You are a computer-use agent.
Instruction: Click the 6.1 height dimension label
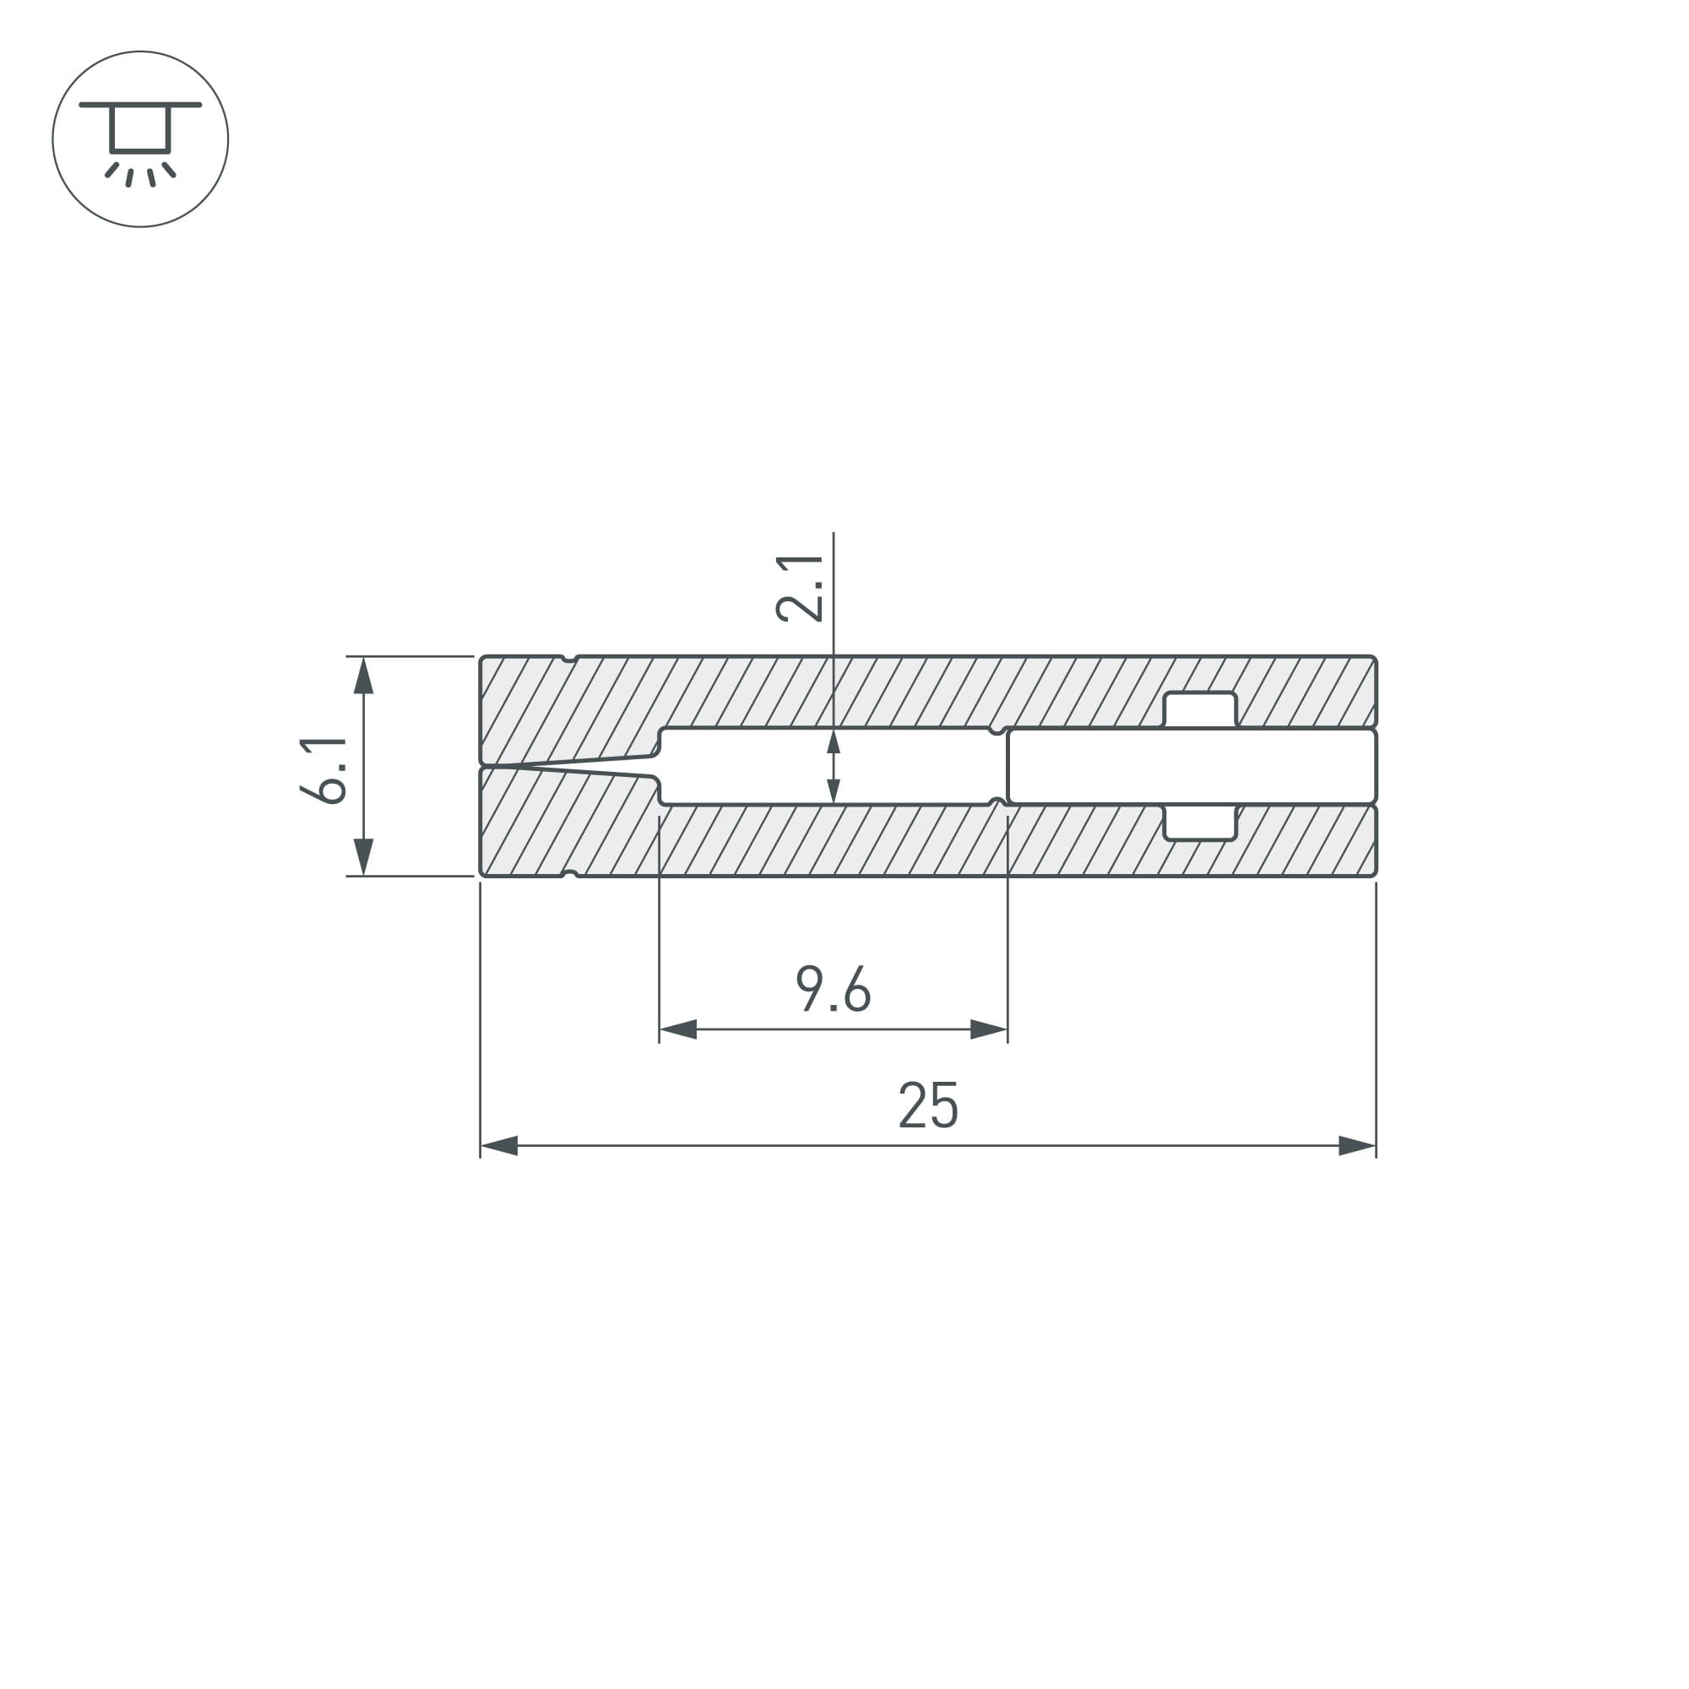point(323,770)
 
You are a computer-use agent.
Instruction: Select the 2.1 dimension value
point(800,589)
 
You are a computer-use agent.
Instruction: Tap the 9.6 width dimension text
point(834,989)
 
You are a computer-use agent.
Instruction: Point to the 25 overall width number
point(928,1105)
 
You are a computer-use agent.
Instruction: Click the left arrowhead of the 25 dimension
point(499,1145)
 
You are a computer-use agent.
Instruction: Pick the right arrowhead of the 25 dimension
point(1358,1145)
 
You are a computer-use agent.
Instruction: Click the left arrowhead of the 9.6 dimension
point(678,1029)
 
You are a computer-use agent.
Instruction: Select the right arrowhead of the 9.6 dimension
point(989,1029)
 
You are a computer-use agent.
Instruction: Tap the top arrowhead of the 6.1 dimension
point(364,675)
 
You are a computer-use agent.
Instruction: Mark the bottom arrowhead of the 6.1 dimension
point(364,856)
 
